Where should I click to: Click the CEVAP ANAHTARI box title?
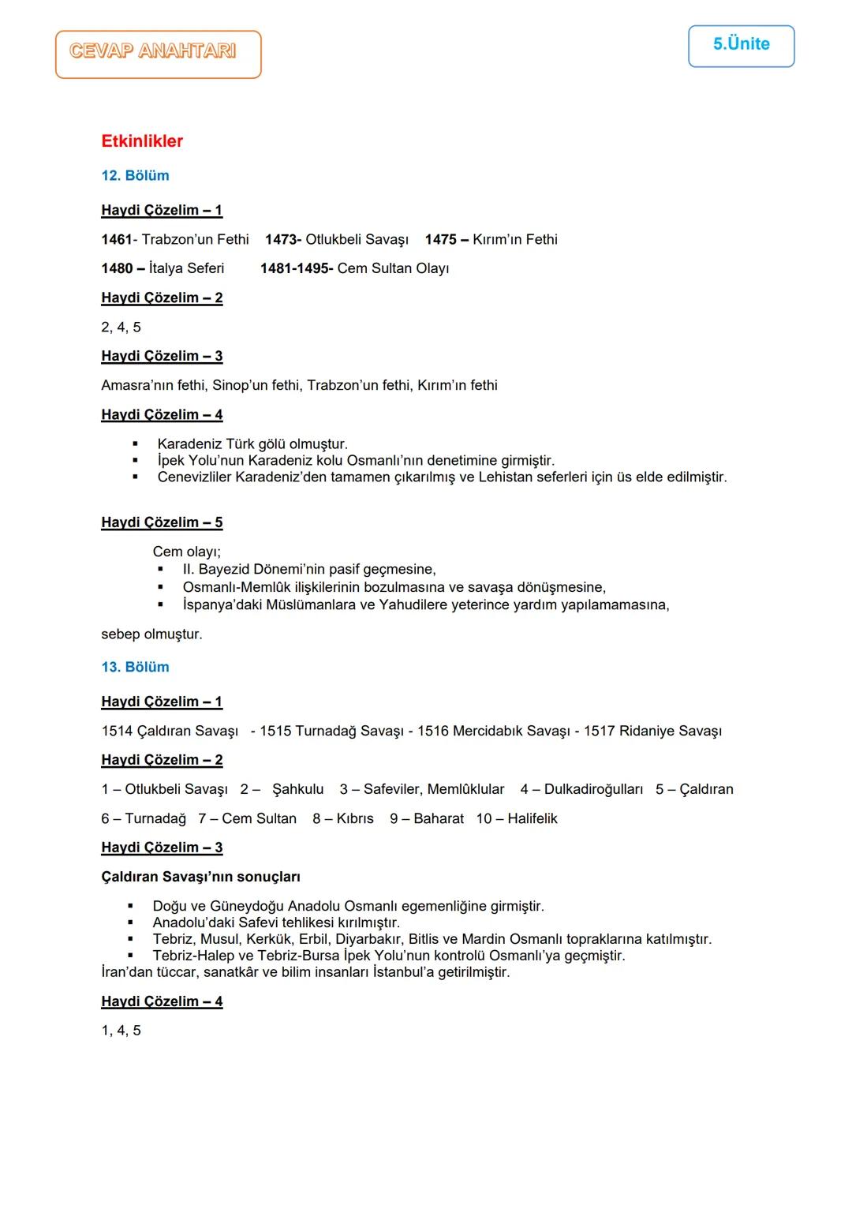(153, 51)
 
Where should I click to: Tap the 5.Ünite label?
(741, 44)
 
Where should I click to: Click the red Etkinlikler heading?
(142, 141)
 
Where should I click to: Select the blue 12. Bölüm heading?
(135, 175)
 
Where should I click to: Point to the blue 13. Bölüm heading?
(135, 667)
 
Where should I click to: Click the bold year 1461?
(116, 239)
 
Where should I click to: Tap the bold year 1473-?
(283, 239)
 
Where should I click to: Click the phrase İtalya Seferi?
(186, 268)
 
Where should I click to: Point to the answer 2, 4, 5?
(121, 327)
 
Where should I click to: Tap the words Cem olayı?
(187, 552)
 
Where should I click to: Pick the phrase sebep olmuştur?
(151, 634)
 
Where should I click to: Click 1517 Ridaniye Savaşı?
(652, 731)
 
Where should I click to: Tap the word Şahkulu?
(297, 789)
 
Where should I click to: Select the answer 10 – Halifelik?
(517, 818)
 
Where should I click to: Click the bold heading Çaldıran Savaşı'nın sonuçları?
(200, 877)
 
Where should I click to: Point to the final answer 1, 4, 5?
(121, 1030)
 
